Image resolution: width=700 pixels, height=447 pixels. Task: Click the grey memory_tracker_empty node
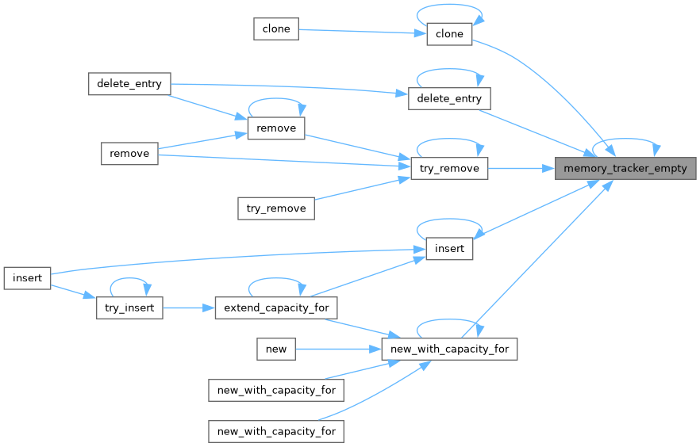[x=625, y=168]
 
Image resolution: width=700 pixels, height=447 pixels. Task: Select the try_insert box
[x=129, y=307]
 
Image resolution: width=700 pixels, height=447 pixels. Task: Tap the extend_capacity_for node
[x=277, y=307]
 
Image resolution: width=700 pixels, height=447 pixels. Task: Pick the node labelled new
[x=276, y=348]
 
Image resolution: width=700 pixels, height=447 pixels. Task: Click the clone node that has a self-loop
[x=449, y=34]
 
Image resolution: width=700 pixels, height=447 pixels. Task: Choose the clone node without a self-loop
[x=276, y=29]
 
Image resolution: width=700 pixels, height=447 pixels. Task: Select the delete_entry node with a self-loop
[x=449, y=99]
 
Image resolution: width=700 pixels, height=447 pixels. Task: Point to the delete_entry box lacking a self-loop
[x=129, y=84]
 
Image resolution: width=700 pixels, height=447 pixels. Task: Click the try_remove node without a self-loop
[x=276, y=208]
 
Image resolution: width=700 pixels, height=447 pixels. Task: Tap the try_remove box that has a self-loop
[x=448, y=168]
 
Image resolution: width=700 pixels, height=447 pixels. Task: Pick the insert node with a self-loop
[x=449, y=248]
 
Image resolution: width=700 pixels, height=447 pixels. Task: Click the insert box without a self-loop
[x=27, y=277]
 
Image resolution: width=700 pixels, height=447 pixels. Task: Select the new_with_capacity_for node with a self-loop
[x=449, y=348]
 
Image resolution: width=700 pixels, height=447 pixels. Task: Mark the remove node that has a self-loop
[x=276, y=128]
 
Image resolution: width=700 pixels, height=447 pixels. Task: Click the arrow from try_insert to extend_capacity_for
[x=189, y=307]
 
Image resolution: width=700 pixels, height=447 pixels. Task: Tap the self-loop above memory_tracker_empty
[x=625, y=143]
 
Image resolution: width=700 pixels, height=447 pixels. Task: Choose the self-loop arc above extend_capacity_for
[x=277, y=281]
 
